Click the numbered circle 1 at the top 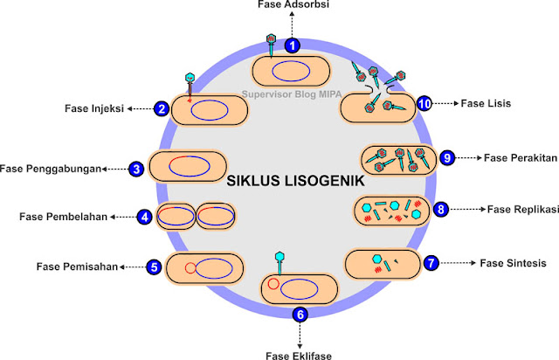click(293, 45)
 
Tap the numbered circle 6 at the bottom click(301, 315)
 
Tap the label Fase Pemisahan click(78, 266)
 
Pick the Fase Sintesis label click(515, 262)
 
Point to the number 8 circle click(441, 210)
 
